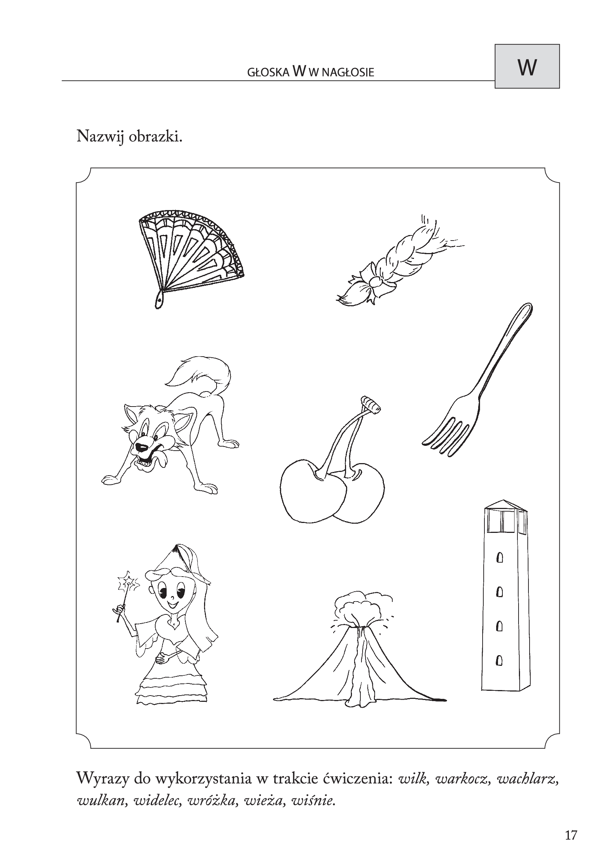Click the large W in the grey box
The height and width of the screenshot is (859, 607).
pos(527,67)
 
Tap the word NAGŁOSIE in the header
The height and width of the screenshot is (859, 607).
pos(347,72)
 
